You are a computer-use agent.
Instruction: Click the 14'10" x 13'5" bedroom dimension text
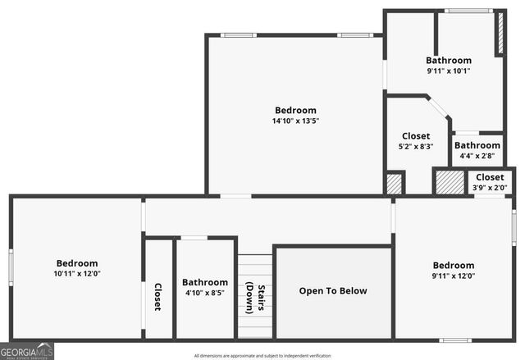tap(295, 121)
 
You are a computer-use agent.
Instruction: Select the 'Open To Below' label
tap(333, 291)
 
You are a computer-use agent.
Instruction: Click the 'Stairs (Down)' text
tap(255, 298)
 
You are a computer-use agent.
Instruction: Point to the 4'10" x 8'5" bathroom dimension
tap(205, 293)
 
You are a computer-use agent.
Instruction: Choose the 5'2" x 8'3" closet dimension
tap(415, 147)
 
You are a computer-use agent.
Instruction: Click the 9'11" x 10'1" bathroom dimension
tap(448, 71)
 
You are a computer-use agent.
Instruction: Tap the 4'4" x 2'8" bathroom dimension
tap(477, 156)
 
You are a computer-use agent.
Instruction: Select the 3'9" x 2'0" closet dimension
tap(490, 188)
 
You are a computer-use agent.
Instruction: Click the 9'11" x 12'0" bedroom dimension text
tap(454, 276)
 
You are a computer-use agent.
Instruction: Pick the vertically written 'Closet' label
tap(157, 296)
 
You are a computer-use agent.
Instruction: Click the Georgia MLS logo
tap(27, 351)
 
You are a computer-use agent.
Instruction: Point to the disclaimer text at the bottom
tap(262, 356)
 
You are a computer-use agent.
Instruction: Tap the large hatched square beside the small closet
tap(449, 182)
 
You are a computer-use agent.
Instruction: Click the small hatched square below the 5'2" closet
tap(395, 184)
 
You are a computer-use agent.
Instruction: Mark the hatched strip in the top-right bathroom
tap(499, 34)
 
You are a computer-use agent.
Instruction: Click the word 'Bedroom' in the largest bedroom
tap(295, 111)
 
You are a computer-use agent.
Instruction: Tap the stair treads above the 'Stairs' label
tap(254, 267)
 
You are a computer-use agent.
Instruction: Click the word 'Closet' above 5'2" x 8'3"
tap(416, 136)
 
